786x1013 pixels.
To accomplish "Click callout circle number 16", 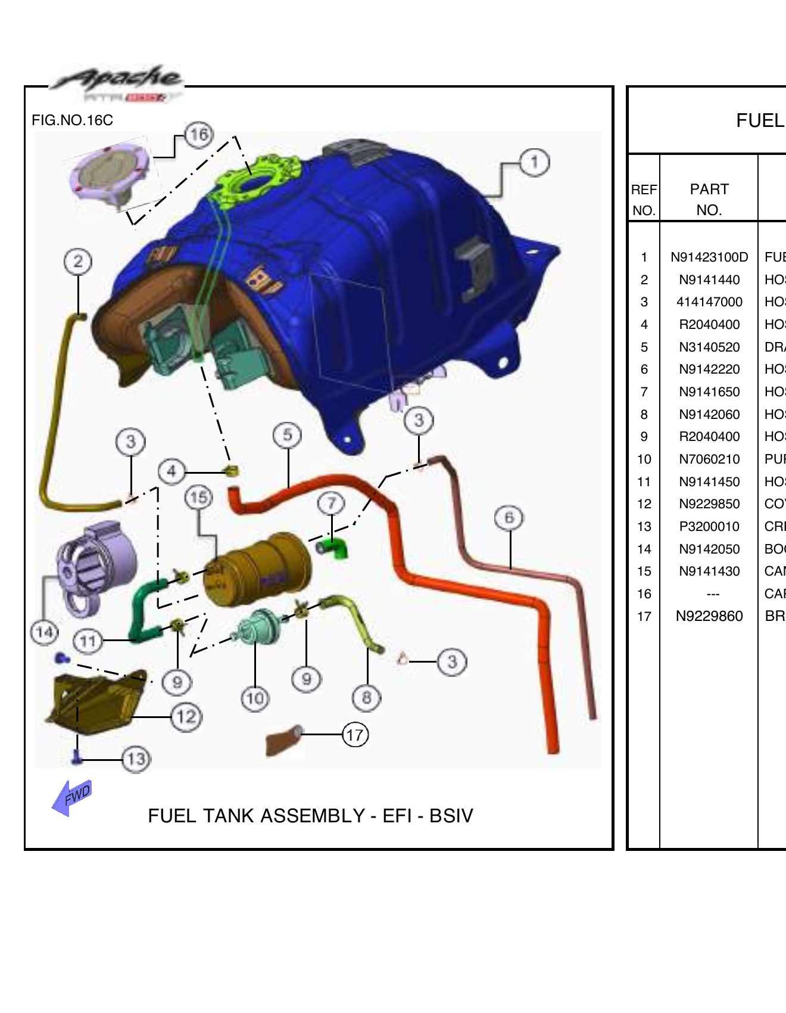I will pyautogui.click(x=199, y=135).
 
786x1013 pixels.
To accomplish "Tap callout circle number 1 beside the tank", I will pyautogui.click(x=534, y=163).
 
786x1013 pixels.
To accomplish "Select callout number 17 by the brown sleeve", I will pyautogui.click(x=355, y=735).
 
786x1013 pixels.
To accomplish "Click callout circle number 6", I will pyautogui.click(x=509, y=518).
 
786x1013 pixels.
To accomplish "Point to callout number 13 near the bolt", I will pyautogui.click(x=136, y=759).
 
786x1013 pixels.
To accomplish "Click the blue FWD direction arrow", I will pyautogui.click(x=73, y=797).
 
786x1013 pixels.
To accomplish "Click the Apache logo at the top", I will pyautogui.click(x=116, y=83).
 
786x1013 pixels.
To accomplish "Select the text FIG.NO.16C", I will pyautogui.click(x=72, y=120).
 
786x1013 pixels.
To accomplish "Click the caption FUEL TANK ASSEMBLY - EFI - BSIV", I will pyautogui.click(x=310, y=816).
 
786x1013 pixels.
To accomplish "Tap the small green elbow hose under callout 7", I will pyautogui.click(x=336, y=547).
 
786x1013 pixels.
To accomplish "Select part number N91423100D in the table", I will pyautogui.click(x=709, y=257).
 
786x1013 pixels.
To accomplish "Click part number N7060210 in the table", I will pyautogui.click(x=709, y=459).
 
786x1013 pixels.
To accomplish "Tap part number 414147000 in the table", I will pyautogui.click(x=709, y=302).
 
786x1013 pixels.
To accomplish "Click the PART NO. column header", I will pyautogui.click(x=709, y=200).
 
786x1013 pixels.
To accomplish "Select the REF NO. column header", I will pyautogui.click(x=644, y=200).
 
